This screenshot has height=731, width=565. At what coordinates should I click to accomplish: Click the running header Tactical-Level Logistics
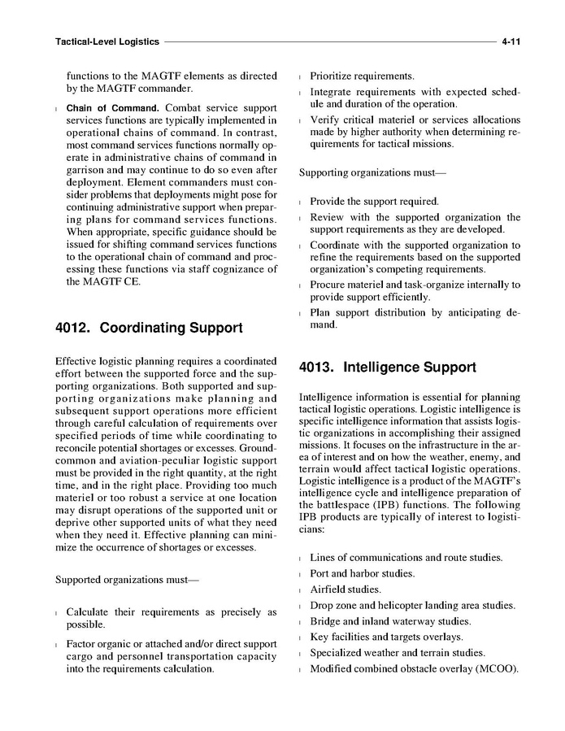coord(106,40)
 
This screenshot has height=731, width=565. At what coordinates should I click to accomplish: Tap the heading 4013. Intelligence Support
coord(388,367)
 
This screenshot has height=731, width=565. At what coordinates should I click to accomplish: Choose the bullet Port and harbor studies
coord(363,574)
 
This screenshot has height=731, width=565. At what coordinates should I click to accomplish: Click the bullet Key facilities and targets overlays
coord(386,637)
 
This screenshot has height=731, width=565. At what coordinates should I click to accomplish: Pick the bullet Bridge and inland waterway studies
coord(390,621)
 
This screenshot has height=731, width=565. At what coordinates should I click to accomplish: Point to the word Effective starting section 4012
coord(76,360)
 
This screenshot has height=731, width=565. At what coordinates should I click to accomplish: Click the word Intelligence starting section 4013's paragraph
coord(328,398)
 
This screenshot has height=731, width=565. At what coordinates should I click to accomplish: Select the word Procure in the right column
coord(331,285)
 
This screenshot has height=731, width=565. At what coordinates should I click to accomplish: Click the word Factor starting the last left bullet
coord(82,644)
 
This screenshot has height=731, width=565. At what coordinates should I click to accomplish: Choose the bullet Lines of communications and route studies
coord(406,558)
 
